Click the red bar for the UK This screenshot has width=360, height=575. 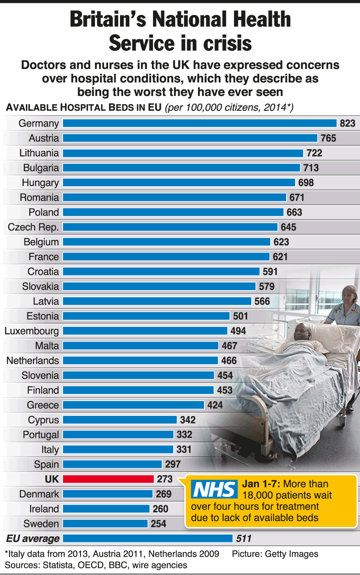(108, 479)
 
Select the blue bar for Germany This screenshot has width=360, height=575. (199, 123)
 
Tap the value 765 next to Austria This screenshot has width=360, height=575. (328, 138)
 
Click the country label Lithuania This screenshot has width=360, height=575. (39, 153)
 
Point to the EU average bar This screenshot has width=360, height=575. (148, 539)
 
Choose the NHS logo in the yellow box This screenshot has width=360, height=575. (214, 490)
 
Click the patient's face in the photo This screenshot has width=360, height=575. (302, 331)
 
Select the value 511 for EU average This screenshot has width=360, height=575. (244, 539)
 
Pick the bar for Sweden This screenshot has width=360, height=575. (105, 524)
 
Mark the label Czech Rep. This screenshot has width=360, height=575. (33, 227)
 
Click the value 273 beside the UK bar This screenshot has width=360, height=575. (165, 479)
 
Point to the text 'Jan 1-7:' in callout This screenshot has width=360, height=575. (261, 484)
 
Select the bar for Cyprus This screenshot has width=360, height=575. (120, 420)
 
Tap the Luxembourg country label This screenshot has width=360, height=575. (31, 331)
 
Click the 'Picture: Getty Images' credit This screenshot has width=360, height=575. (275, 554)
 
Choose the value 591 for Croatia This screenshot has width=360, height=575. (270, 272)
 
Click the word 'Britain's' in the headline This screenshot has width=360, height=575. (108, 19)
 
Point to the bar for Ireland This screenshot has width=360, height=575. (106, 509)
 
